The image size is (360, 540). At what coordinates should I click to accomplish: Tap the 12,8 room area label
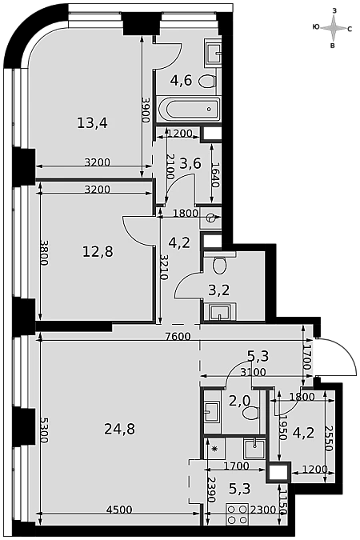click(x=98, y=251)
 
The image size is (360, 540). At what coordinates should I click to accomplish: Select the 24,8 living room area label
click(x=119, y=429)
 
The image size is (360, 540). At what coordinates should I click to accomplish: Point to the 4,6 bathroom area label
click(x=181, y=81)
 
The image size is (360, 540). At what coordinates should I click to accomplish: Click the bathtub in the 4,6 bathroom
click(x=189, y=109)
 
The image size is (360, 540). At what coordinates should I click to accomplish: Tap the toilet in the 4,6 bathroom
click(x=207, y=82)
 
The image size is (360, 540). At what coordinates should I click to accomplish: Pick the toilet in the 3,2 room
click(x=219, y=264)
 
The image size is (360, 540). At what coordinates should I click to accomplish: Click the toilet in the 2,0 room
click(x=251, y=412)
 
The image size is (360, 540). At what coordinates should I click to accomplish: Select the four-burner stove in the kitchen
click(x=237, y=514)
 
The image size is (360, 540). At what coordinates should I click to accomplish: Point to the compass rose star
click(x=333, y=28)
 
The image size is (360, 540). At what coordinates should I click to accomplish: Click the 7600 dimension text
click(x=178, y=336)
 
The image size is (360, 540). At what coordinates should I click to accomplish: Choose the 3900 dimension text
click(x=146, y=110)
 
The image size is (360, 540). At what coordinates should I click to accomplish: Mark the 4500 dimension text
click(x=119, y=510)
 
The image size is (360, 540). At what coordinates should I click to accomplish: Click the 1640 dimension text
click(x=215, y=174)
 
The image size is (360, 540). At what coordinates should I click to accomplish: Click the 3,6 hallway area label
click(x=190, y=163)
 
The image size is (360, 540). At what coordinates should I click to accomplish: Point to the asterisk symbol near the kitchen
click(x=214, y=448)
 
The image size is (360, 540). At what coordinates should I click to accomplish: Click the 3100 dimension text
click(x=254, y=372)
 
